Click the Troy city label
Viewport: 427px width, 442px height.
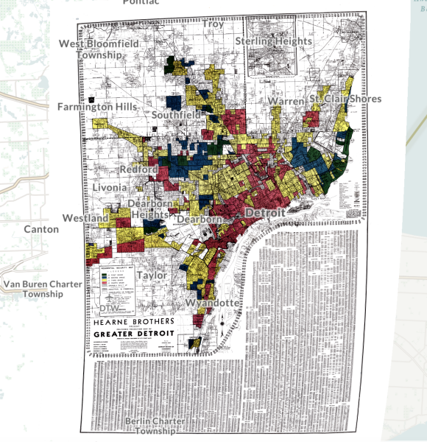tap(213, 24)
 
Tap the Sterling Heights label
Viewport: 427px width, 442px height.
tap(273, 41)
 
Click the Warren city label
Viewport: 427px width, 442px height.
tap(286, 100)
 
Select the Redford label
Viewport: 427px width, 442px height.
tap(138, 170)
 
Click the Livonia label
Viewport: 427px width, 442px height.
tap(110, 188)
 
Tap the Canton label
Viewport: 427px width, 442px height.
tap(41, 229)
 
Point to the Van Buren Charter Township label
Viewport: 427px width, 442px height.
tap(43, 289)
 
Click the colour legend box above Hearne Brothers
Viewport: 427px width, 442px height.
tap(118, 280)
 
